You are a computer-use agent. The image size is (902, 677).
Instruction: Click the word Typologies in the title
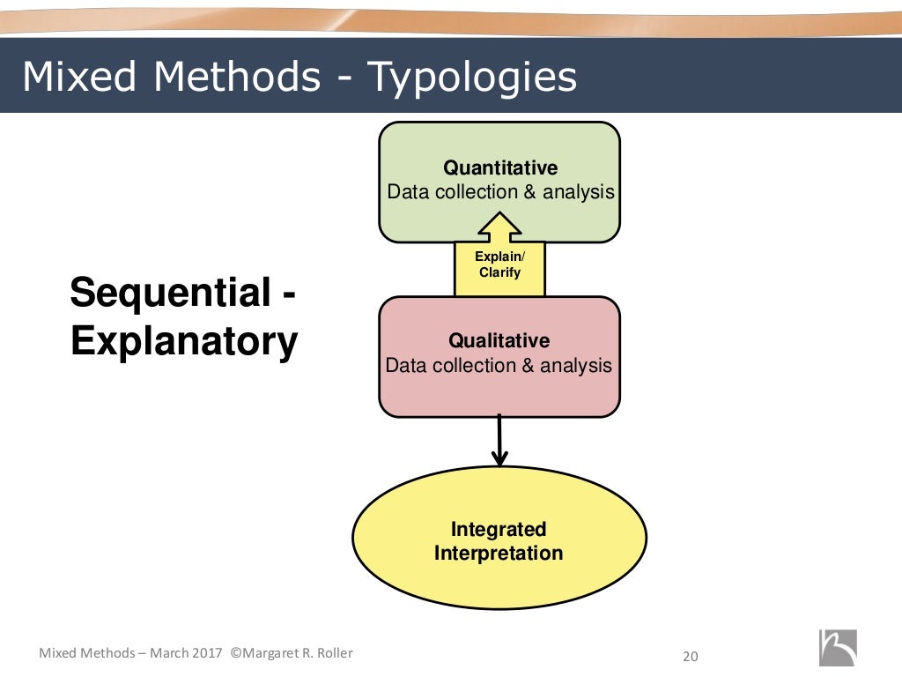[x=472, y=78]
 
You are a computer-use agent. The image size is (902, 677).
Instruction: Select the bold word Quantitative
[x=500, y=167]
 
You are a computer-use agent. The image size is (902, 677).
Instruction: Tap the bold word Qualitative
[x=499, y=340]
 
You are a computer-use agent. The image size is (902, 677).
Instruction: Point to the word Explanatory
[x=184, y=341]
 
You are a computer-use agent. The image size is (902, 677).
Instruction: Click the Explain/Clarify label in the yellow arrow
[x=499, y=264]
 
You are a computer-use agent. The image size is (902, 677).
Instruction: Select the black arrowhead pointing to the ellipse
[x=499, y=458]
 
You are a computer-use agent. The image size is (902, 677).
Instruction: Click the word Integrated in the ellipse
[x=499, y=529]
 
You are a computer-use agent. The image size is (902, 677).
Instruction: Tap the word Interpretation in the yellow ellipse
[x=499, y=554]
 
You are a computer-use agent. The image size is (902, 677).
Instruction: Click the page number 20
[x=691, y=656]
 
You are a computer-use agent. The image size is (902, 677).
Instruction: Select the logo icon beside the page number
[x=837, y=648]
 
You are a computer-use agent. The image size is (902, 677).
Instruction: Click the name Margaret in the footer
[x=278, y=653]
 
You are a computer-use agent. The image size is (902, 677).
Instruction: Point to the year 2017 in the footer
[x=207, y=653]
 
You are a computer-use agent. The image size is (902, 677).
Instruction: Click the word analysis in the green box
[x=578, y=192]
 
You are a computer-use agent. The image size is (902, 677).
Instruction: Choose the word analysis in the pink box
[x=576, y=365]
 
